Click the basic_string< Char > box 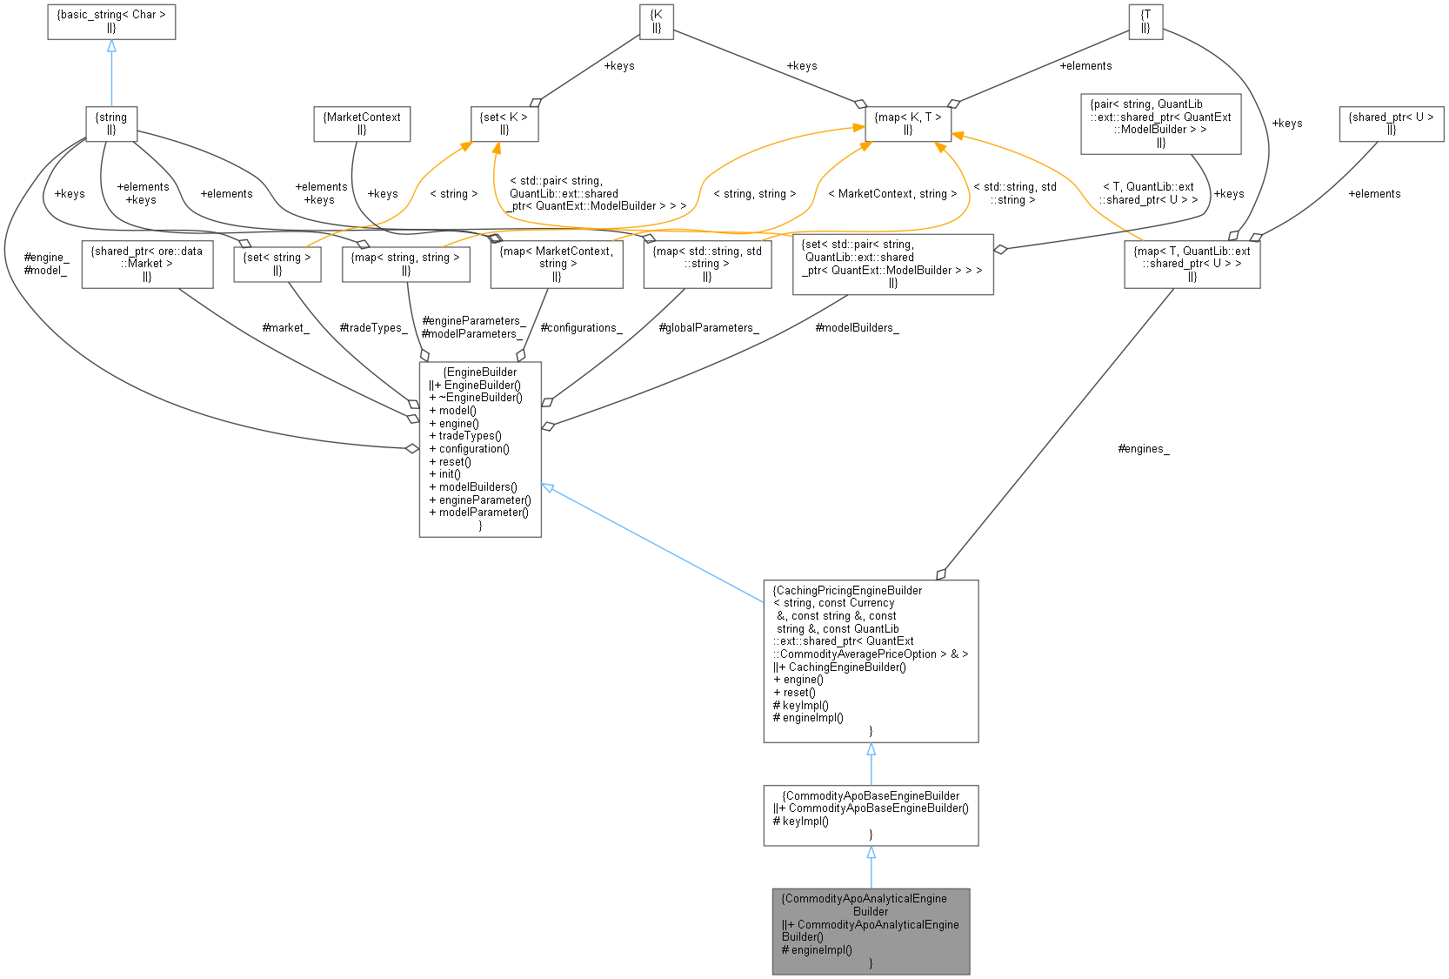click(x=111, y=22)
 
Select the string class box click(x=111, y=124)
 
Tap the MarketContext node click(x=362, y=124)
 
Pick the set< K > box click(x=504, y=124)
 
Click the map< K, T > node click(x=908, y=124)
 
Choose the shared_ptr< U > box click(x=1391, y=124)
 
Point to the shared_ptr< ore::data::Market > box click(x=147, y=264)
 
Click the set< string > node click(x=277, y=264)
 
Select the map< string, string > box click(x=406, y=264)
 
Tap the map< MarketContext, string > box click(x=557, y=264)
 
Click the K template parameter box click(x=657, y=22)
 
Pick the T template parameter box click(x=1145, y=22)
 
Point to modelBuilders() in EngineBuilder click(x=477, y=487)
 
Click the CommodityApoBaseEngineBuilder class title click(x=871, y=795)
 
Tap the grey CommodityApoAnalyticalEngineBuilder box click(x=871, y=930)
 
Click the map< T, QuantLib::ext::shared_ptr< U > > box click(x=1192, y=264)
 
